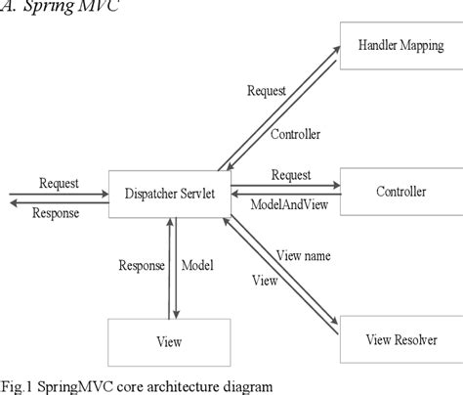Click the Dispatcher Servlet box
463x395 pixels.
click(168, 192)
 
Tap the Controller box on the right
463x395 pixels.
click(400, 192)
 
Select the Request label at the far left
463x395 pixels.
click(59, 182)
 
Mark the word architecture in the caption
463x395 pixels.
click(178, 384)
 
